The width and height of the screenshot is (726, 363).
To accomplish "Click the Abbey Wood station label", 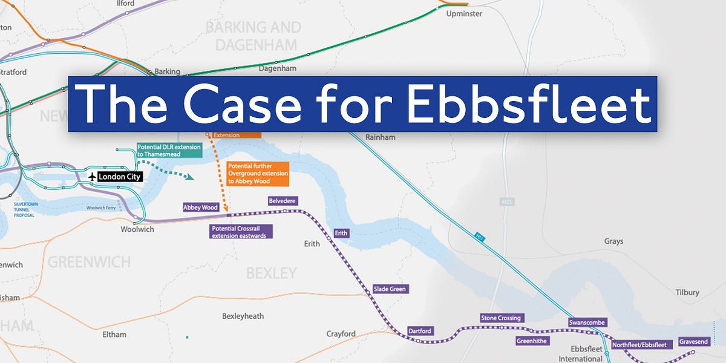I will pos(201,208).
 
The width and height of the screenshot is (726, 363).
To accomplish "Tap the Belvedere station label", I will pos(283,201).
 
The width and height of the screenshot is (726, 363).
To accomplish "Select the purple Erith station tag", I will pos(341,233).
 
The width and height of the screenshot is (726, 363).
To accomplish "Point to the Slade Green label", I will pos(390,289).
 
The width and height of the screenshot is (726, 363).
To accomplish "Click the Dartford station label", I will pos(420,331).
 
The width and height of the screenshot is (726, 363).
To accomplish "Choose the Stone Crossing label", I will pos(500,318).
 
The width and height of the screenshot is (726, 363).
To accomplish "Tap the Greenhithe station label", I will pos(531,341).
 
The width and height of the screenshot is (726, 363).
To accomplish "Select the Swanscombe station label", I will pos(587,322).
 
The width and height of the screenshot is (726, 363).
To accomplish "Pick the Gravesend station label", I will pos(693,342).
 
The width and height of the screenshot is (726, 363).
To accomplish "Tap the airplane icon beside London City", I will pos(92,177).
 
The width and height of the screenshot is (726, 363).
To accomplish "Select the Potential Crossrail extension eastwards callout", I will pos(241,232).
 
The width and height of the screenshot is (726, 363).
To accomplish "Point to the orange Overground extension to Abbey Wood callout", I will pos(257,173).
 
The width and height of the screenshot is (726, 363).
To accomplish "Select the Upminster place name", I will pos(463,13).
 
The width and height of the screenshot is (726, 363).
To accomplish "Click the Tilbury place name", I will pos(687,292).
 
